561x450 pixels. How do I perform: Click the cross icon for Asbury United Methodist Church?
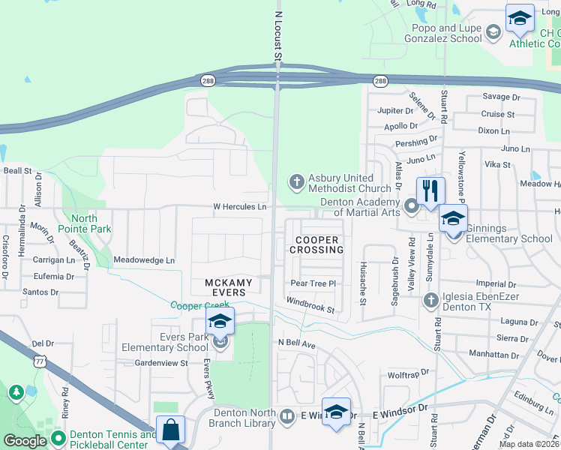pos(296,182)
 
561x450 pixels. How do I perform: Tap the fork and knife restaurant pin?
pos(430,192)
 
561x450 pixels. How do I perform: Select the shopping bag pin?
pos(171,430)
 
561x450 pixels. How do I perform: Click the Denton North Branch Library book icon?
pos(287,415)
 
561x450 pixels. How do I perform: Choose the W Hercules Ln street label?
pos(240,207)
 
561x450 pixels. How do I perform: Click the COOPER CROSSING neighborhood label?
pos(316,244)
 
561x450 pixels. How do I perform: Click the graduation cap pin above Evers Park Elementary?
pos(220,322)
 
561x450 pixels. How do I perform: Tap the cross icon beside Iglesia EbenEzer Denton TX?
pos(430,301)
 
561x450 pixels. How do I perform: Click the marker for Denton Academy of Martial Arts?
pos(411,205)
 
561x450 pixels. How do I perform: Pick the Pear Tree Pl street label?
pos(313,283)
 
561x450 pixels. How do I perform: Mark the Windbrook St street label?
pos(310,305)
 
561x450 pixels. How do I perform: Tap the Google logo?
pos(25,442)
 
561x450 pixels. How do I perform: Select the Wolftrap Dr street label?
pos(408,372)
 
